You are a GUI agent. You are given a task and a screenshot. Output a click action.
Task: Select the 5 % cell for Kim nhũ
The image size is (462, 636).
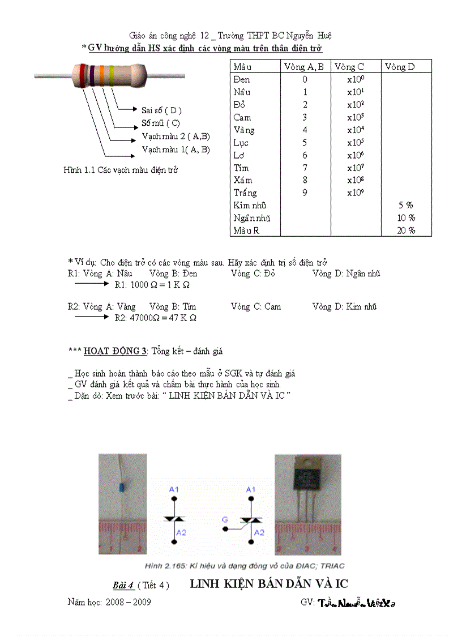click(x=406, y=206)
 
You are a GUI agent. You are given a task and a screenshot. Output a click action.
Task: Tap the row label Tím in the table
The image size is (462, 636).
click(x=241, y=168)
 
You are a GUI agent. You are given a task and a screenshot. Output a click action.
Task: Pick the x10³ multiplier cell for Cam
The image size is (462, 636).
click(x=356, y=117)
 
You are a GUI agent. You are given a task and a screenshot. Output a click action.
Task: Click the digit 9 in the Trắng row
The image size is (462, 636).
click(x=305, y=193)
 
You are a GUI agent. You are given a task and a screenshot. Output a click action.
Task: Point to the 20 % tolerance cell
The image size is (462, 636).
click(x=406, y=231)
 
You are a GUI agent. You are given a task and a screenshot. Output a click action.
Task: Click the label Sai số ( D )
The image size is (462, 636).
click(x=161, y=110)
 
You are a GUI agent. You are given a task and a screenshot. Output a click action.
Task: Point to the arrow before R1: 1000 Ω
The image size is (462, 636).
click(x=91, y=284)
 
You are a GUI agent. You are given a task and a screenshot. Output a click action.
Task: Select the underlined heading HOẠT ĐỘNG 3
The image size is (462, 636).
click(x=115, y=351)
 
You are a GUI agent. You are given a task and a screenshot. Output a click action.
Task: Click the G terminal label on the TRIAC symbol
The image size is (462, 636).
click(x=225, y=519)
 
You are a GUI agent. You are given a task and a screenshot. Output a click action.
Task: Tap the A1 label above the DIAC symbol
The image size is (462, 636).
click(x=173, y=488)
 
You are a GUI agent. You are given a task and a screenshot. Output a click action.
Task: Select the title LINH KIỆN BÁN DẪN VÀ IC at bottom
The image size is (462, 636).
click(x=268, y=584)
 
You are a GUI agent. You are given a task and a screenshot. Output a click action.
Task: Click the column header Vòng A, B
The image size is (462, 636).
click(x=305, y=67)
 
